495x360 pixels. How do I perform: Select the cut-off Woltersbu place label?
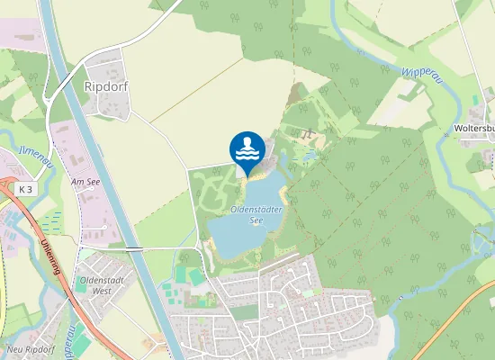click(474, 129)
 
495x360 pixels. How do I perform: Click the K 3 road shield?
click(25, 189)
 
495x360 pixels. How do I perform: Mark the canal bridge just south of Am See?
click(133, 247)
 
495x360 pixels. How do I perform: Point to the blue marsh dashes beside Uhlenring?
click(49, 220)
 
